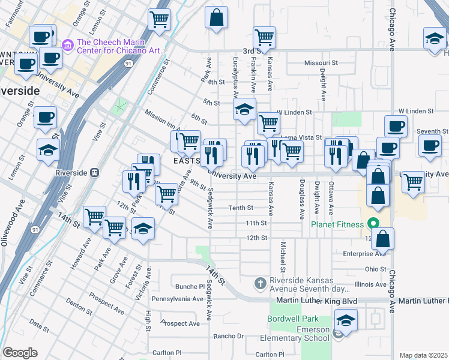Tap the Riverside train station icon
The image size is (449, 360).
[x=94, y=172]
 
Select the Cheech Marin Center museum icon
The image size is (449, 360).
[x=67, y=44]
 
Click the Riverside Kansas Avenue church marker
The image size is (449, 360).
[x=260, y=283]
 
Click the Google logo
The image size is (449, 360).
[x=20, y=353]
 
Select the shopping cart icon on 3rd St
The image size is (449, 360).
[x=264, y=37]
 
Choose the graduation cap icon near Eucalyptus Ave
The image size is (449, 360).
[x=244, y=109]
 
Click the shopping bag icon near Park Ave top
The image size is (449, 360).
[x=216, y=17]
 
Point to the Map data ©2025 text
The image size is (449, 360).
[x=423, y=355]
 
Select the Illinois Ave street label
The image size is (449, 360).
[x=370, y=284]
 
